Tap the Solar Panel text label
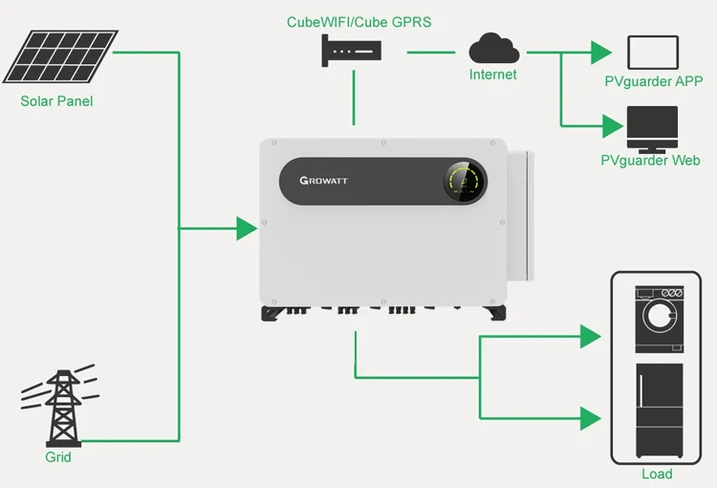tap(56, 100)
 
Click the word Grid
tap(58, 456)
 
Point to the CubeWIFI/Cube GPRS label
tap(358, 21)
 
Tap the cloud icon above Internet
tap(493, 48)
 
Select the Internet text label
tap(492, 74)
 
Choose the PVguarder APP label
tap(653, 81)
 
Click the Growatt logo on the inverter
tap(333, 180)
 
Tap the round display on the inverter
tap(465, 180)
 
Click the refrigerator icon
tap(660, 411)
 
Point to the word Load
tap(657, 474)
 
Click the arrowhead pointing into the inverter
tap(247, 228)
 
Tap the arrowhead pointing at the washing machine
tap(591, 336)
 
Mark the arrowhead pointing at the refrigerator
tap(591, 417)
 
